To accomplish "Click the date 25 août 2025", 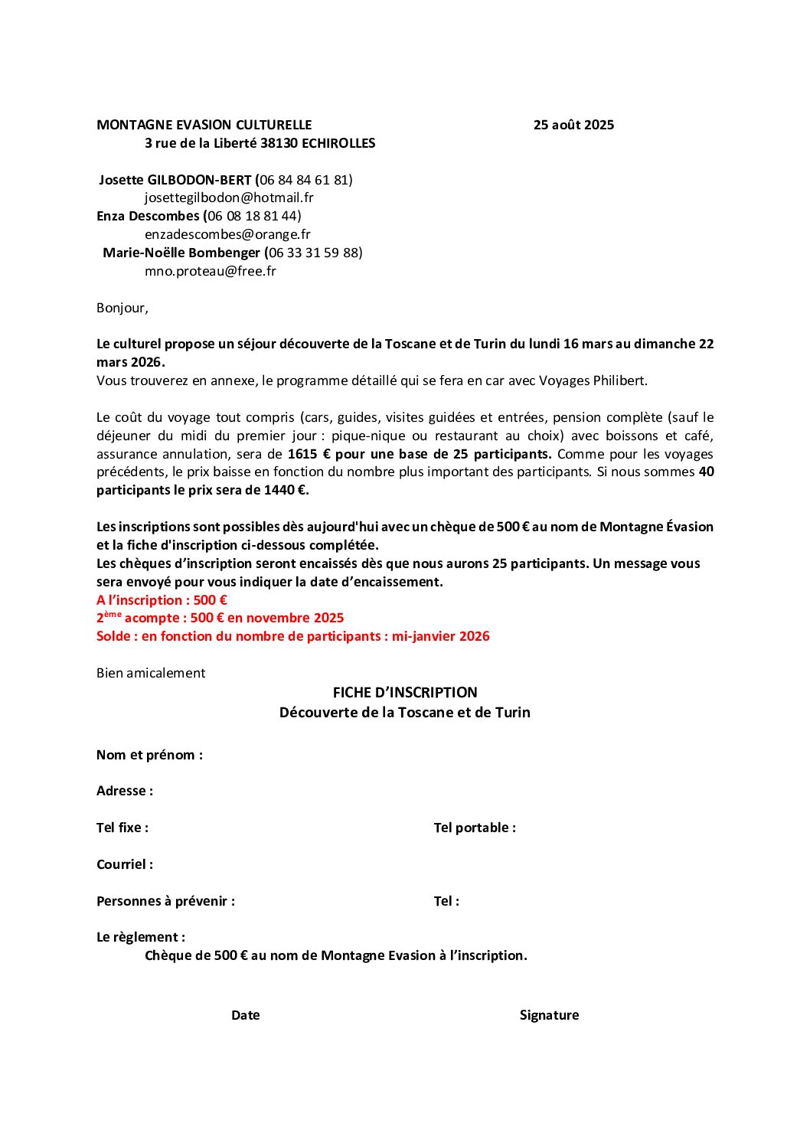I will click(x=573, y=125).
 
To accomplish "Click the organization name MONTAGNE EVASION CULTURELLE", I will click(x=204, y=125).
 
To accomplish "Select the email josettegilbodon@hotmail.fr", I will click(x=229, y=198).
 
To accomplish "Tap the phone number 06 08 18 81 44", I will click(x=254, y=216).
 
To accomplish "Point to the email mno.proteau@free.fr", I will click(x=211, y=271).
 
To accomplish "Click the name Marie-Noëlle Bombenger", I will click(x=181, y=253).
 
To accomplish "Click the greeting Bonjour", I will click(x=122, y=308).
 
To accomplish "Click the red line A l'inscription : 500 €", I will click(x=162, y=600).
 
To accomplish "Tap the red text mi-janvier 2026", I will click(x=441, y=636).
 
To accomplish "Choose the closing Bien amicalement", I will click(x=151, y=673).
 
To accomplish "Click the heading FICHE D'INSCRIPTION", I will click(x=405, y=693).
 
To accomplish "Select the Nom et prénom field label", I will click(x=149, y=755).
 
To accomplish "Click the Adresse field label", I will click(x=125, y=791).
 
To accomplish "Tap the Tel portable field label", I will click(x=475, y=828).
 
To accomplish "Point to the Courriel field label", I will click(x=125, y=864).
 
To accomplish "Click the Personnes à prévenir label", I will click(x=165, y=901).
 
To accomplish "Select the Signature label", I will click(x=549, y=1015).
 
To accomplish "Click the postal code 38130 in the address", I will click(x=279, y=143).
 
